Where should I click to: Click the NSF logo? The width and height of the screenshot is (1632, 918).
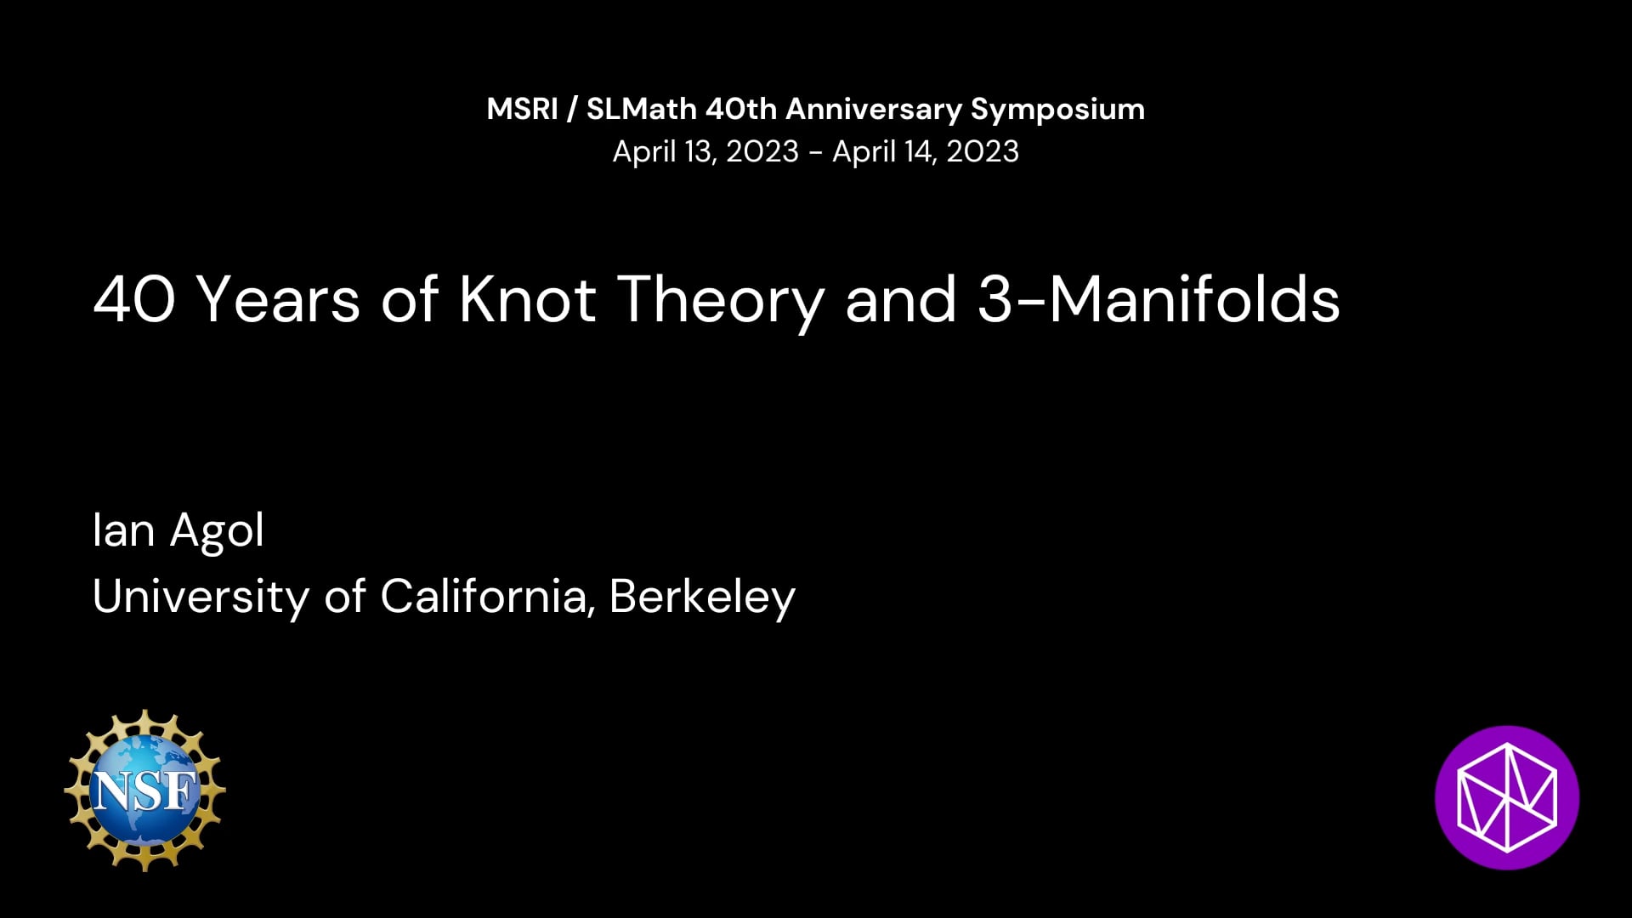pos(145,790)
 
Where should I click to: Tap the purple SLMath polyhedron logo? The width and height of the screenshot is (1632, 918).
pos(1507,797)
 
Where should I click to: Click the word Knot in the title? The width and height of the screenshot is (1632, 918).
pos(528,300)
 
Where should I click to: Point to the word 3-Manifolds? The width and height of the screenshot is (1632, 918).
pos(1159,300)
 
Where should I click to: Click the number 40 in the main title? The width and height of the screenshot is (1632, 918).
pos(134,300)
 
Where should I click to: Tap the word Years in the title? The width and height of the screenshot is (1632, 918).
pos(279,300)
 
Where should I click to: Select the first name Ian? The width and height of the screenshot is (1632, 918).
pos(123,530)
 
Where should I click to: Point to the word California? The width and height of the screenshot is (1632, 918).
pos(484,596)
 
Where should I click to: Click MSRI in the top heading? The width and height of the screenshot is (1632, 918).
pos(522,109)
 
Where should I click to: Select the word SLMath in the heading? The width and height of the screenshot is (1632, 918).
pos(642,109)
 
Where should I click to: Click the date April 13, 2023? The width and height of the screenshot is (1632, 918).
pos(705,152)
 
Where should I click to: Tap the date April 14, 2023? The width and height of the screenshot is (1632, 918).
pos(926,152)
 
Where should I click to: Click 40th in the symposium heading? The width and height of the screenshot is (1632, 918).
pos(741,109)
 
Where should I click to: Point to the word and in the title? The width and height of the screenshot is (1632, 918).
pos(901,300)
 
